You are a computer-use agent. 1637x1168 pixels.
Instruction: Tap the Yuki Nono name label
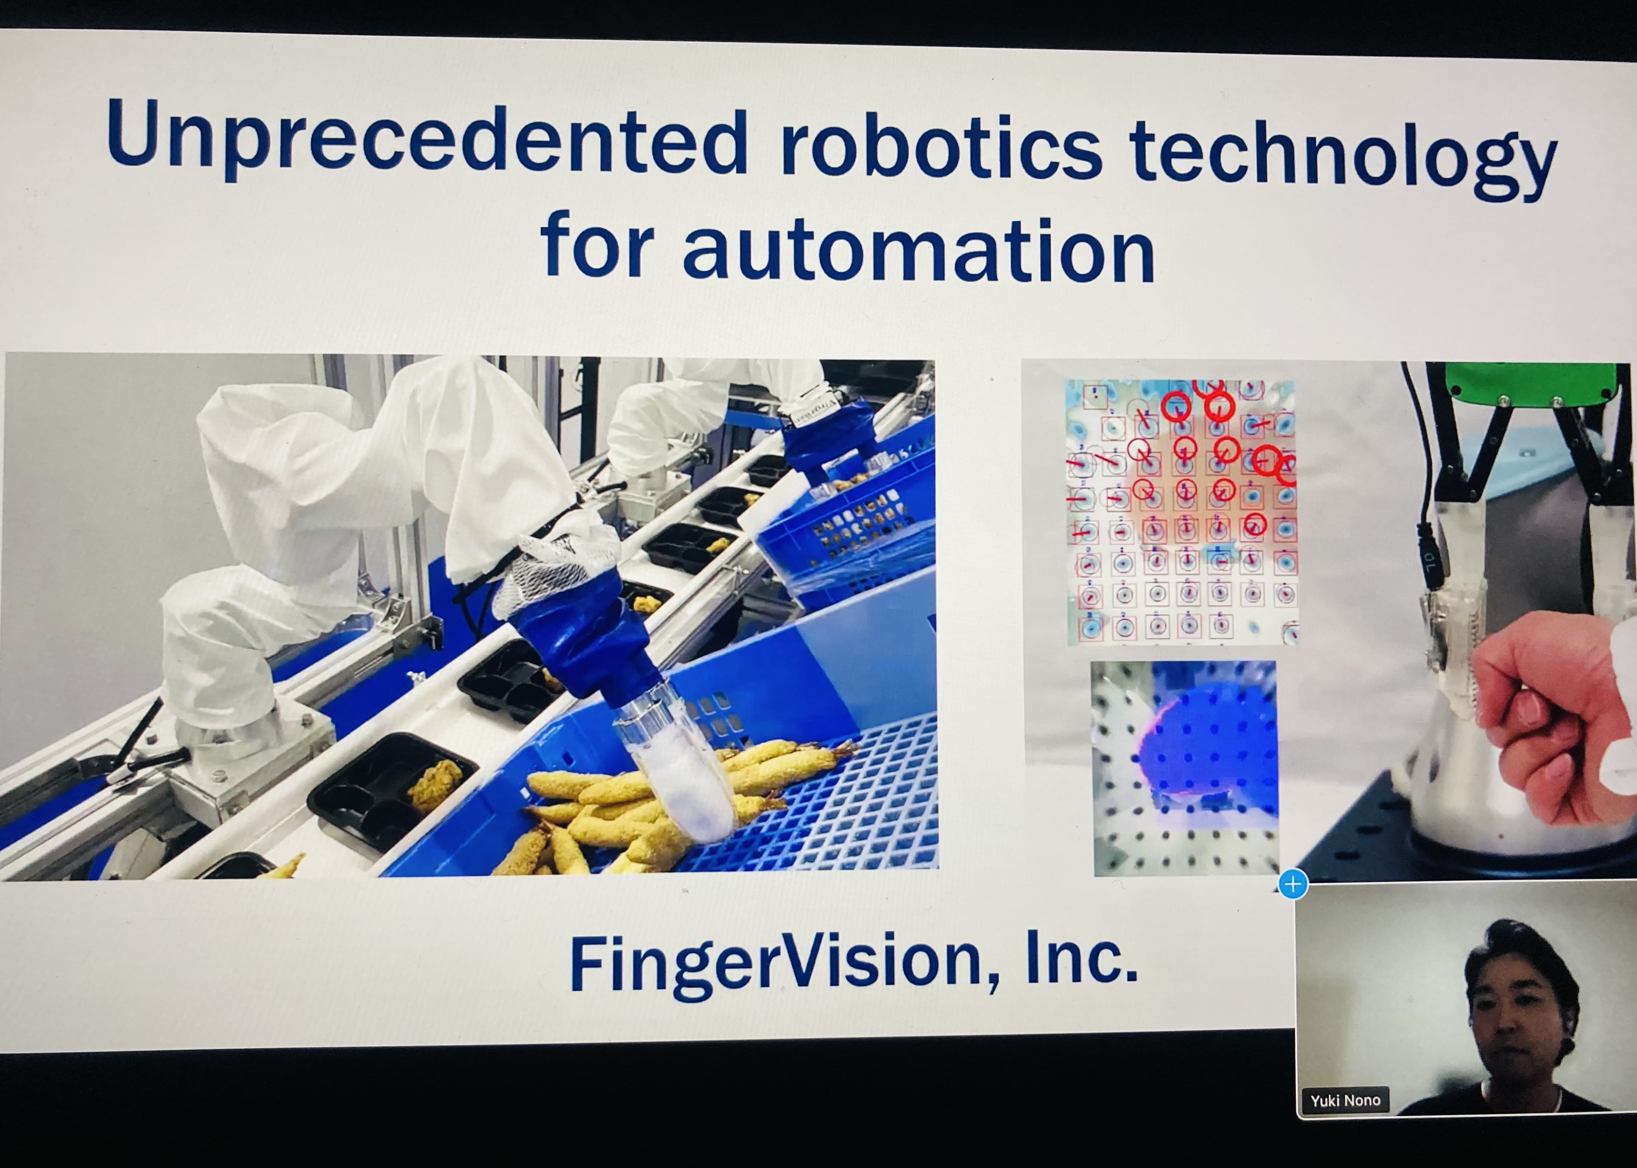[1345, 1100]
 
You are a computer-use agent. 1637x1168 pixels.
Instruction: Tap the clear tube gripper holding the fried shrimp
[673, 762]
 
